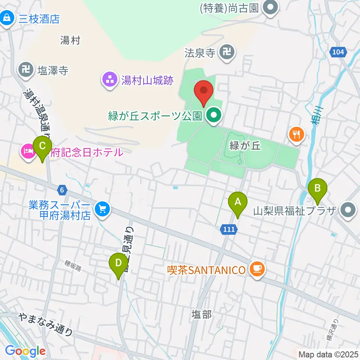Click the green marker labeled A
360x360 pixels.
[x=238, y=202]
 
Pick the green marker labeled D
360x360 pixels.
[x=118, y=264]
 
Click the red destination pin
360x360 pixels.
[x=204, y=91]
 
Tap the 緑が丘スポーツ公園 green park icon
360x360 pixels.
[x=214, y=115]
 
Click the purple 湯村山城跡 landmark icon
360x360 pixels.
[x=109, y=79]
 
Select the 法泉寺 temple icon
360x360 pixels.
[x=227, y=52]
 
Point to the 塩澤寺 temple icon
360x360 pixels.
[x=26, y=70]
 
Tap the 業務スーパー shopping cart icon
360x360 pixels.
[x=102, y=208]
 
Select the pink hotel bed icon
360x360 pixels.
[x=28, y=152]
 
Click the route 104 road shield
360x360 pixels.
[x=338, y=53]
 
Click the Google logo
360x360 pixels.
[x=25, y=351]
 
